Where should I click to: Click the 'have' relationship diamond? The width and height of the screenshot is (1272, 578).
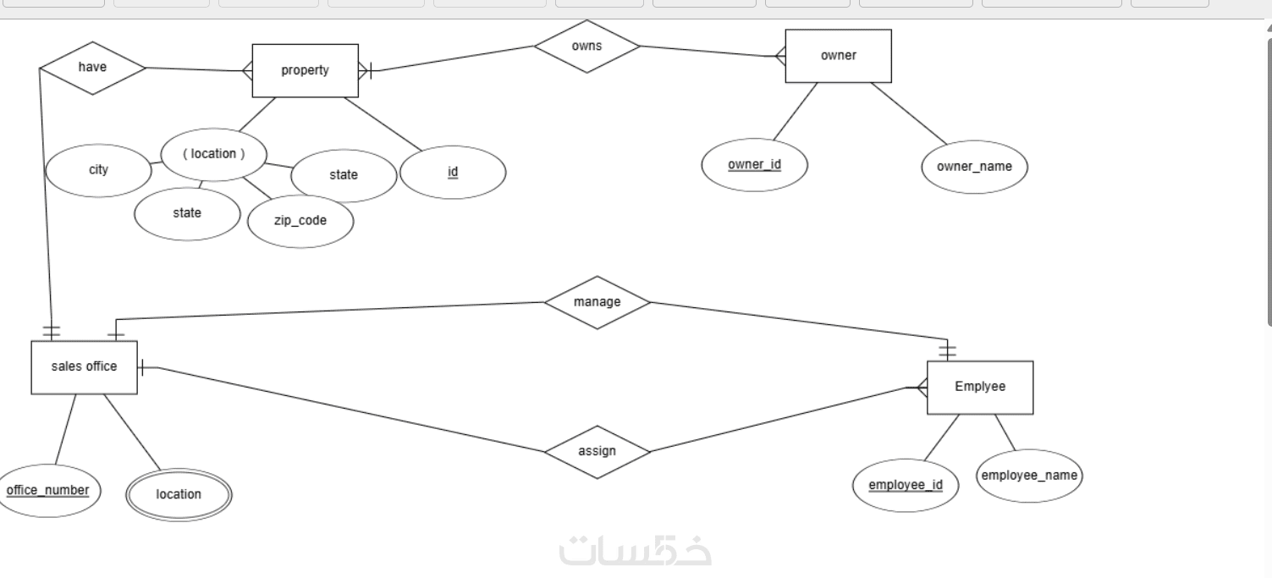[x=92, y=67]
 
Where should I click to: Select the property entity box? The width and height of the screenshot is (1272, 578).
[x=305, y=70]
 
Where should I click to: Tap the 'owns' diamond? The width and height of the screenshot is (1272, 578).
[x=586, y=46]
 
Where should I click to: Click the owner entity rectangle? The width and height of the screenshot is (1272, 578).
[x=838, y=56]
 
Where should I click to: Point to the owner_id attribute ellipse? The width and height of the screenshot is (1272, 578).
[x=754, y=165]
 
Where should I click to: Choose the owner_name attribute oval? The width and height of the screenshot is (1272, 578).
[x=974, y=167]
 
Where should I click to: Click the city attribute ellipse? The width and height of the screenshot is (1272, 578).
[x=98, y=170]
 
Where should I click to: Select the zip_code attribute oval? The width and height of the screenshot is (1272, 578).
[x=300, y=221]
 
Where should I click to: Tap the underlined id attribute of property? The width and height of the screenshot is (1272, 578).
[x=453, y=173]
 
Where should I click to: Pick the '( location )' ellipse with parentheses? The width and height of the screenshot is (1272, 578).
[x=213, y=154]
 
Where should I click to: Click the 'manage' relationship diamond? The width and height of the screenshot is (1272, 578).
[x=597, y=302]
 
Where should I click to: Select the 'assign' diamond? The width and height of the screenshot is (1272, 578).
[x=597, y=451]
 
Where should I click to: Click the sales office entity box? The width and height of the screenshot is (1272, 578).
[x=84, y=367]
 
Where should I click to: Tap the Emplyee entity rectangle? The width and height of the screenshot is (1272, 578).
[x=980, y=387]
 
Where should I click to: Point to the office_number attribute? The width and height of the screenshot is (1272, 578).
[x=47, y=491]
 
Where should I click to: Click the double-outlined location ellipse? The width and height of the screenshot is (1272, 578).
[x=179, y=494]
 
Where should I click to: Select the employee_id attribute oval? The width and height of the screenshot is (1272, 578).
[x=906, y=486]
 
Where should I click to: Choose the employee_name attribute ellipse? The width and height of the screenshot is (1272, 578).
[x=1029, y=476]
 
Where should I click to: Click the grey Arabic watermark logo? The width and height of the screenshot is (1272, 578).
[x=635, y=550]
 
